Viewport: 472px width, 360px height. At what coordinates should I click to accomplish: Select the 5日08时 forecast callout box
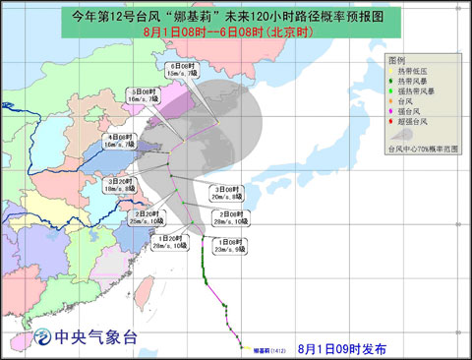(147, 95)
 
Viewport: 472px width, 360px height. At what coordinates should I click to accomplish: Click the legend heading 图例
(397, 61)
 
